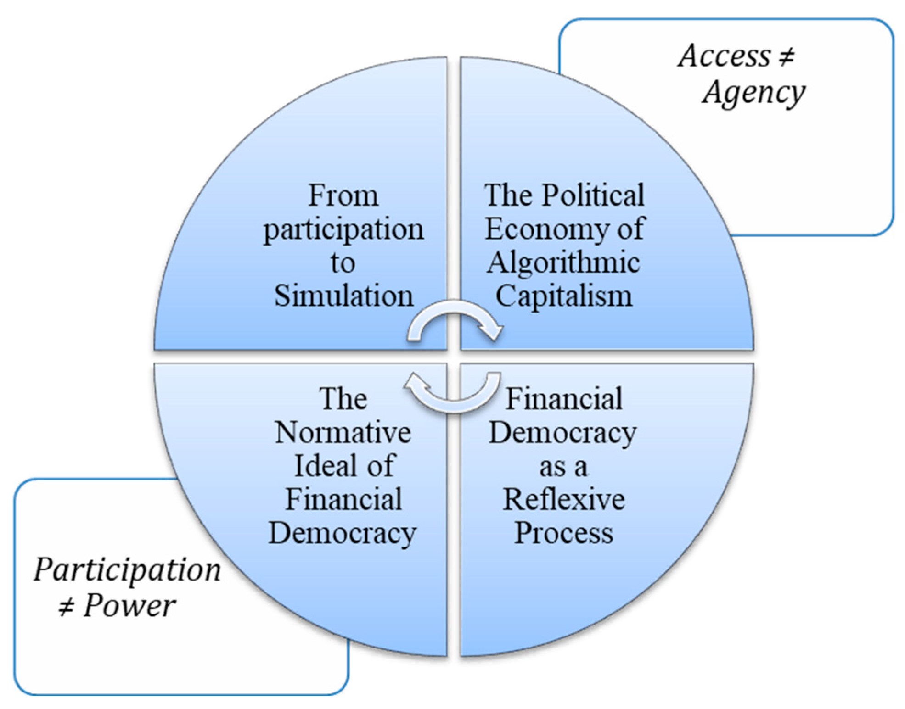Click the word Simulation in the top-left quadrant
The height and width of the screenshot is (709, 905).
[x=343, y=296]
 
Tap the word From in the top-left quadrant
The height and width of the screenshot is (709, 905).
[x=343, y=196]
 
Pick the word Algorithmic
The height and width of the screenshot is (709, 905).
[x=564, y=263]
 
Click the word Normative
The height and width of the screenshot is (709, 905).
[x=343, y=432]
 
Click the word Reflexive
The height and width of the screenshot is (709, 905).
[x=564, y=499]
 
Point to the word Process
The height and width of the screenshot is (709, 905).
[x=564, y=533]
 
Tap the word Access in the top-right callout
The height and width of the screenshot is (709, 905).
[x=725, y=56]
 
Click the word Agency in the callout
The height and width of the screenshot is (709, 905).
[x=753, y=93]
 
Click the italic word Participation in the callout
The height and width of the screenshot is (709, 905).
[x=127, y=570]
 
